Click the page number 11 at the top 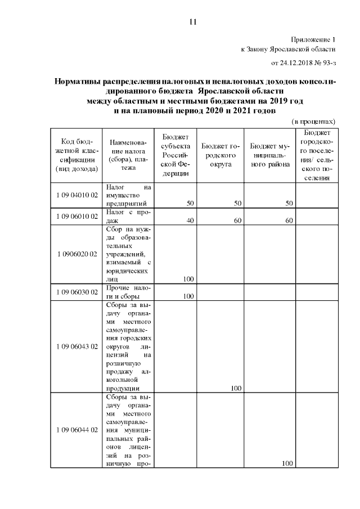tap(192, 22)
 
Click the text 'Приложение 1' tap(313, 40)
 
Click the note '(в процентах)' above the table tap(313, 121)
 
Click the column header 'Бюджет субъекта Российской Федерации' tap(175, 155)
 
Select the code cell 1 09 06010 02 tap(78, 216)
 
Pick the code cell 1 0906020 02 tap(78, 254)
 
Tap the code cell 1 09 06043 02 tap(78, 346)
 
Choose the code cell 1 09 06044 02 tap(78, 430)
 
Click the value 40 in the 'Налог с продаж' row tap(190, 220)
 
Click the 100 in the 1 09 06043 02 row tap(236, 388)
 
